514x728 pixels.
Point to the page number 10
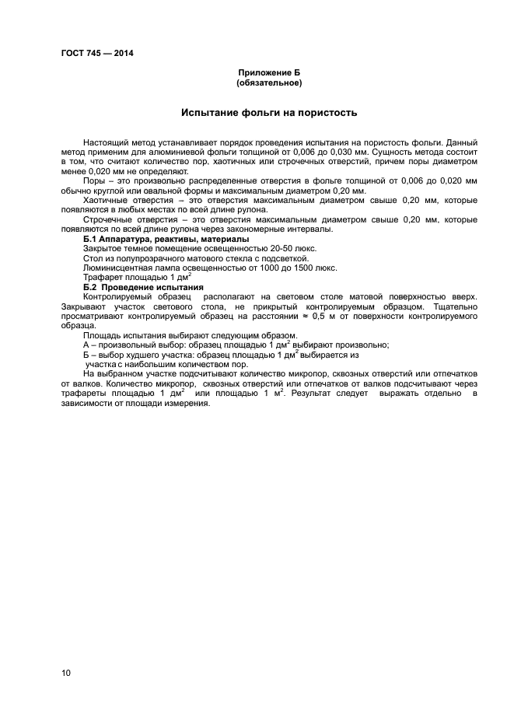65,672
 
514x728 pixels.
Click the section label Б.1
92,239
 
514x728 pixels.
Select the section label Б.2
92,286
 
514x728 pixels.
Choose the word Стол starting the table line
92,257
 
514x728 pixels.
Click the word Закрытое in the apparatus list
103,248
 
